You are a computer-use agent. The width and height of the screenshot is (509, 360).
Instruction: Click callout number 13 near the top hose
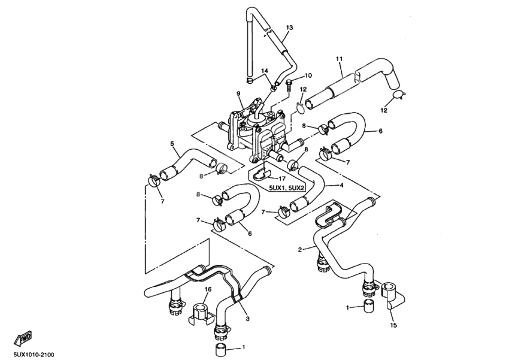tap(289, 28)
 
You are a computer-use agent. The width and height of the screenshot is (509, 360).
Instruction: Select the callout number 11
tap(339, 58)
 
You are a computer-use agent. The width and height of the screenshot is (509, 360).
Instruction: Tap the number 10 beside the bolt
tap(308, 75)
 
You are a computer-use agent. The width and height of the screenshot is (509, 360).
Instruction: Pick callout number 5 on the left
tap(172, 143)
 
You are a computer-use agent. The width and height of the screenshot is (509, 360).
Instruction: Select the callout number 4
tap(341, 185)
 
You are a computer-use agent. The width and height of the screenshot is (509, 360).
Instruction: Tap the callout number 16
tap(208, 289)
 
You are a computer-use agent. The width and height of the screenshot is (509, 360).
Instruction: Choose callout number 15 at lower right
tap(393, 325)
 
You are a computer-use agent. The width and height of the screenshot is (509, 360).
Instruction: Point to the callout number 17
tap(281, 178)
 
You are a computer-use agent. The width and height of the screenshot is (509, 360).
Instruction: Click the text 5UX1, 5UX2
tap(285, 188)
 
